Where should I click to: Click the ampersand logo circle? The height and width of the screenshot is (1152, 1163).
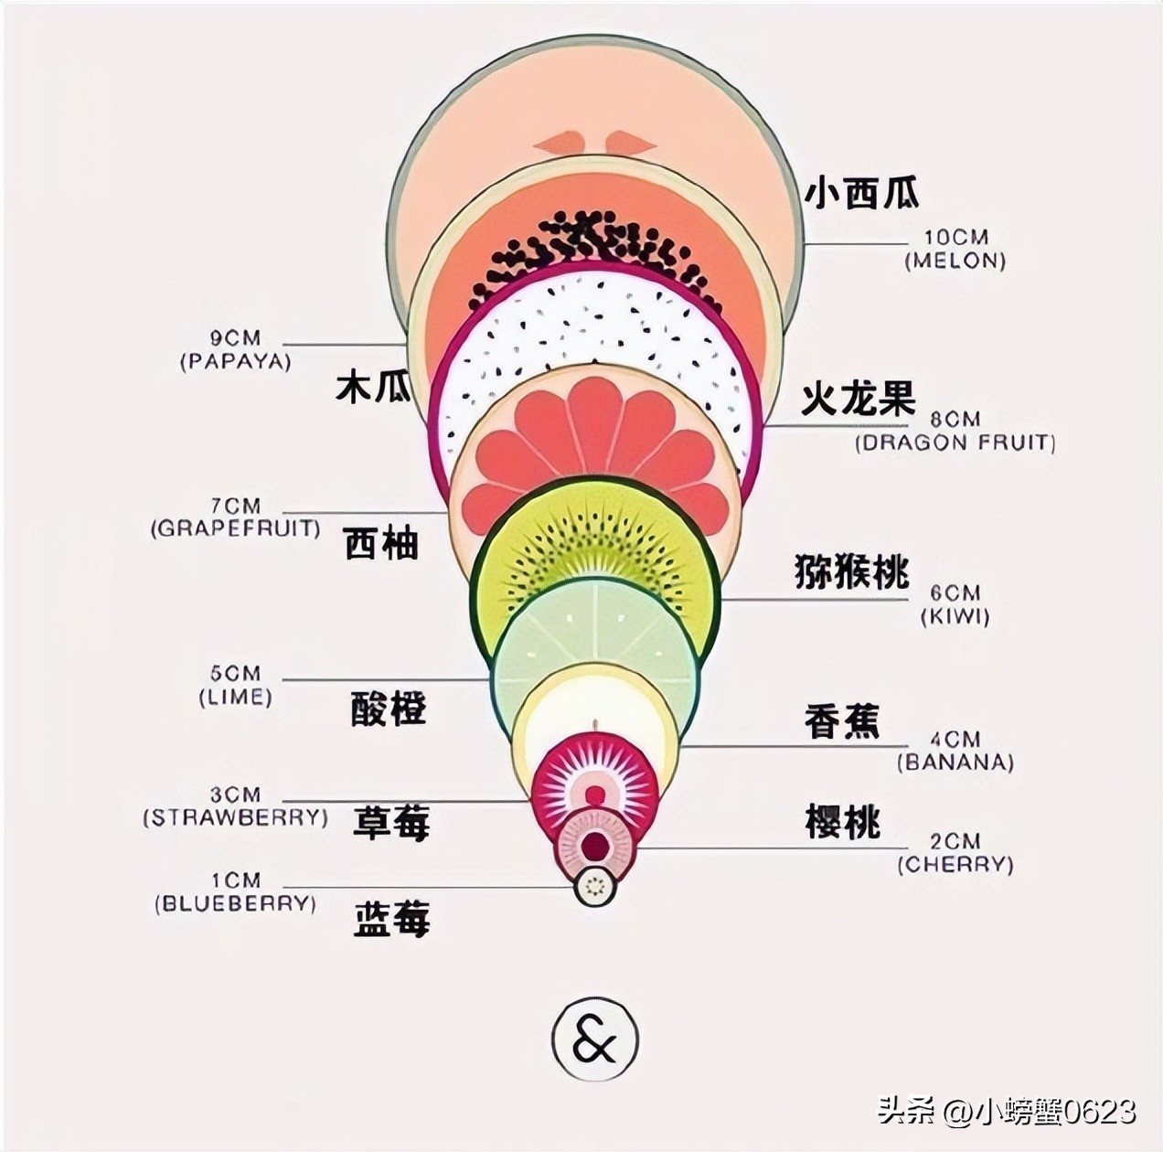click(594, 1040)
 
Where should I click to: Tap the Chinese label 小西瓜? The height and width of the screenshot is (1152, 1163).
click(861, 193)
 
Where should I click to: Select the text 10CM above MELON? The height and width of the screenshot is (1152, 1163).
click(955, 238)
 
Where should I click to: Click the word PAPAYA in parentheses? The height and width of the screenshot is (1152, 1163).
click(235, 361)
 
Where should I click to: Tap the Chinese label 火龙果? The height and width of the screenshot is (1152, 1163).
click(858, 400)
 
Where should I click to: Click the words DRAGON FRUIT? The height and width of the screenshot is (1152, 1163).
click(955, 443)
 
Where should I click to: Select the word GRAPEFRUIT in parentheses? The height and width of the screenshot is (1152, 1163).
click(235, 528)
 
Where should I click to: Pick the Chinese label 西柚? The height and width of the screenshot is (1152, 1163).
click(381, 544)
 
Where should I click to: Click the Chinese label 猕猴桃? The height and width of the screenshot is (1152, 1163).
click(851, 571)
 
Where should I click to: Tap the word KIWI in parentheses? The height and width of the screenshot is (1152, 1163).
click(955, 616)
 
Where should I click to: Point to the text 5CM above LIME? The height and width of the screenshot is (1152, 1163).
click(235, 675)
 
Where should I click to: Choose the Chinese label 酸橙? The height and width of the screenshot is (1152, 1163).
click(389, 709)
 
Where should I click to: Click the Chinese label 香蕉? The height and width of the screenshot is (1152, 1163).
click(841, 721)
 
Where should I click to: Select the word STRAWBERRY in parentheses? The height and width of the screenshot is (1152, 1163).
click(235, 817)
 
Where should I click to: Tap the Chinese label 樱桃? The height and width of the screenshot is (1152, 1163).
click(842, 822)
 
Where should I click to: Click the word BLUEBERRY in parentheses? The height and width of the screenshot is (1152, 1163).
click(235, 904)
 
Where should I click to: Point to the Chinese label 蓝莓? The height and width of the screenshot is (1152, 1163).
click(391, 919)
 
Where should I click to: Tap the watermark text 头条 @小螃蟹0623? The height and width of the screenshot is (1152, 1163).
click(1007, 1111)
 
